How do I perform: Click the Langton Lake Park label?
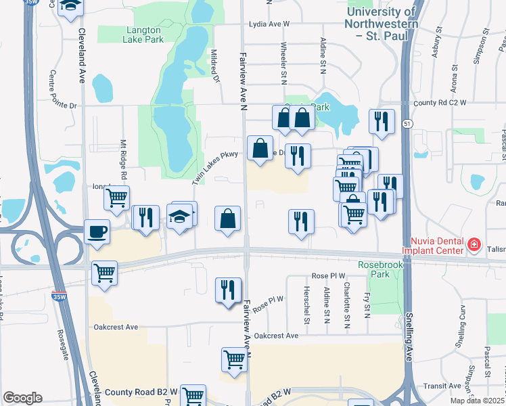143,35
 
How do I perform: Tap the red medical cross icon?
475,244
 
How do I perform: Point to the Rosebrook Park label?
380,269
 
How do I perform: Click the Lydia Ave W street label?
269,24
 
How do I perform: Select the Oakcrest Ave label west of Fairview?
116,327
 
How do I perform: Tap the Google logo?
23,398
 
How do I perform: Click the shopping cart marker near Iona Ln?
116,198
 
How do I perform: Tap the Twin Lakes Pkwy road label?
215,168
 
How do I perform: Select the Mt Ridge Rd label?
124,160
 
